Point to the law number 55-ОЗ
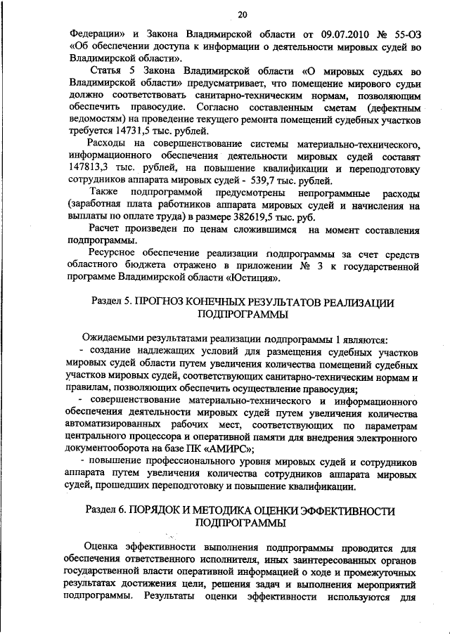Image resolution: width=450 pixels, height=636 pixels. coord(403,34)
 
